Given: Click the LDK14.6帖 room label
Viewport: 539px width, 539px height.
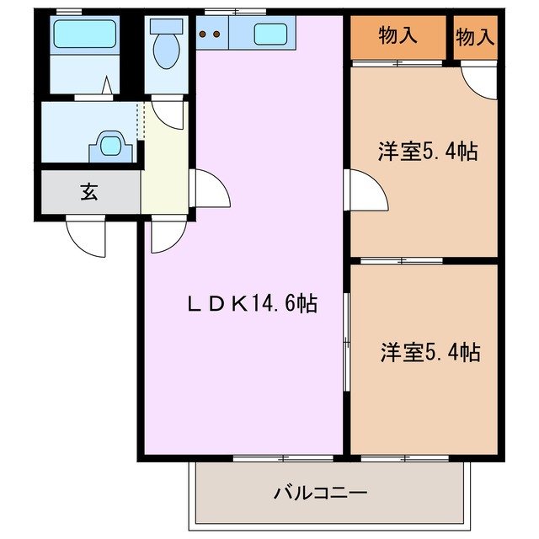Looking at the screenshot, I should (251, 304).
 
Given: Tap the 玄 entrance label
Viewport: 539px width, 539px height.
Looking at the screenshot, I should (89, 191).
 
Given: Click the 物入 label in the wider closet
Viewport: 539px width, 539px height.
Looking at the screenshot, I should (398, 35).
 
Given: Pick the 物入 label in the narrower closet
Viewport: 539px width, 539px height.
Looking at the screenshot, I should (476, 35).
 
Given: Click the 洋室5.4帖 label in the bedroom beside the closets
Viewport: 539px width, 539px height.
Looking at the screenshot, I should (428, 152).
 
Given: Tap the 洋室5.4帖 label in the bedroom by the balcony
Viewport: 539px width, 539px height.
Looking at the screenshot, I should (430, 352).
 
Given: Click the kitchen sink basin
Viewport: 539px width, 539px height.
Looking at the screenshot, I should (269, 35).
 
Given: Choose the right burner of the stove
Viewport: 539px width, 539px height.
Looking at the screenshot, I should (217, 35).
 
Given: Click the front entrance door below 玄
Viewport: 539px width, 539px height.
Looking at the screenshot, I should (86, 235).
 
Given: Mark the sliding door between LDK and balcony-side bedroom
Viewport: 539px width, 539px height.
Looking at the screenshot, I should (346, 341).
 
